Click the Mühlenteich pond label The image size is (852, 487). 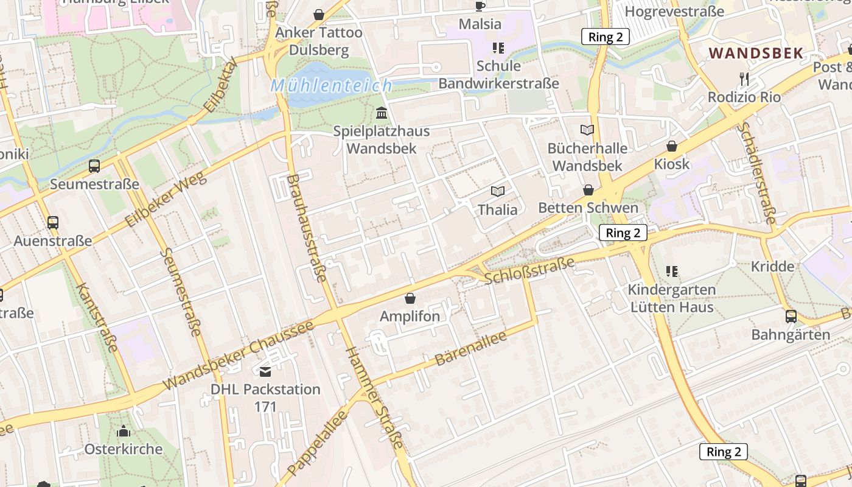click(331, 85)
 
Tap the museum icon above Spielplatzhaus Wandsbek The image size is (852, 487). click(382, 113)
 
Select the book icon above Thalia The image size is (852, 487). click(498, 192)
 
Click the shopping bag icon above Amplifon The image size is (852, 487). click(410, 298)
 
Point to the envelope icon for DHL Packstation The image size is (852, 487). click(265, 371)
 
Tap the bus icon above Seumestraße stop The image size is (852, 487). click(94, 166)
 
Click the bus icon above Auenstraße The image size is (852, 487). click(53, 223)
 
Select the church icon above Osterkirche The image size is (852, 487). click(124, 432)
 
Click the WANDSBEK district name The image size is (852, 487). click(756, 53)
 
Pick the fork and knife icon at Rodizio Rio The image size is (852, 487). click(744, 79)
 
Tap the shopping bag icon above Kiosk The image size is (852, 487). click(672, 146)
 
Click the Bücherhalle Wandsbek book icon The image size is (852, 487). click(587, 130)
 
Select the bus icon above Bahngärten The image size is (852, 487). click(791, 316)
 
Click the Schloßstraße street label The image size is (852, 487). click(529, 271)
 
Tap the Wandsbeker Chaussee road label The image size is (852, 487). click(239, 355)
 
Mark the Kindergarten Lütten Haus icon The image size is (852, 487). click(671, 271)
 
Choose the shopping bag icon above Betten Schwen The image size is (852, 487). click(588, 190)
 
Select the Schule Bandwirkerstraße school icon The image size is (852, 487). click(498, 47)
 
